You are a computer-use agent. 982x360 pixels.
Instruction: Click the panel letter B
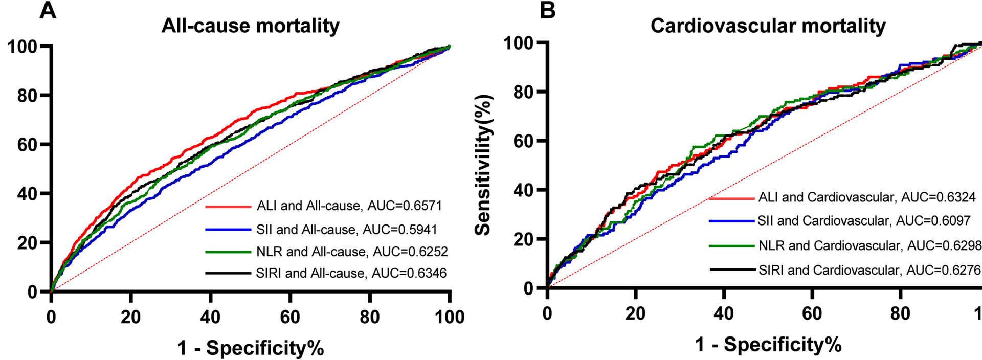(x=548, y=10)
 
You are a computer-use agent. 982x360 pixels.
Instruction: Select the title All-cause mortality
(x=250, y=26)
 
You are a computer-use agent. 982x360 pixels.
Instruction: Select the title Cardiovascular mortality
(x=768, y=26)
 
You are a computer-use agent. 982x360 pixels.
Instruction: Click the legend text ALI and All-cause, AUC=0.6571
(x=349, y=206)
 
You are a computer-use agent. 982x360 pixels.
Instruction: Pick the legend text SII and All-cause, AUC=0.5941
(x=347, y=230)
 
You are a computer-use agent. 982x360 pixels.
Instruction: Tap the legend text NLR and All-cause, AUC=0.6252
(x=352, y=252)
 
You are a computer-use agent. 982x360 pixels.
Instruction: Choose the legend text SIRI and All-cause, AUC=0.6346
(x=351, y=273)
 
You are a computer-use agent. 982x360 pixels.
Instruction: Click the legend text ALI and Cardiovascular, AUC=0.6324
(x=867, y=197)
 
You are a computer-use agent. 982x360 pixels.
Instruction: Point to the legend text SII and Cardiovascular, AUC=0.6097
(x=864, y=221)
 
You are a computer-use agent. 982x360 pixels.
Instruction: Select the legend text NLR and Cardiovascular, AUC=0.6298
(x=869, y=245)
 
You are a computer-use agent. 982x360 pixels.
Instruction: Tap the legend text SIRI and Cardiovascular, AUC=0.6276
(x=869, y=269)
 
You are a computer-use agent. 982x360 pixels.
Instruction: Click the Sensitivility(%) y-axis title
(x=483, y=165)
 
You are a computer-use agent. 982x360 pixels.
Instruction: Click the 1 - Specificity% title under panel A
(x=251, y=348)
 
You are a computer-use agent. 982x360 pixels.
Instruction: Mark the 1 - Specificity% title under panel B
(x=768, y=345)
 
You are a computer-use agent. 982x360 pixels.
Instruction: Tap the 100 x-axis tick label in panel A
(x=450, y=317)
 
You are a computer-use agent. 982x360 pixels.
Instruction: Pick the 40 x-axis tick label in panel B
(x=723, y=313)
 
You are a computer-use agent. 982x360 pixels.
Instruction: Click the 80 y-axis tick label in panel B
(x=524, y=92)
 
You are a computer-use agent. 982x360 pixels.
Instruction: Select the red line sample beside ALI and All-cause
(x=228, y=207)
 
